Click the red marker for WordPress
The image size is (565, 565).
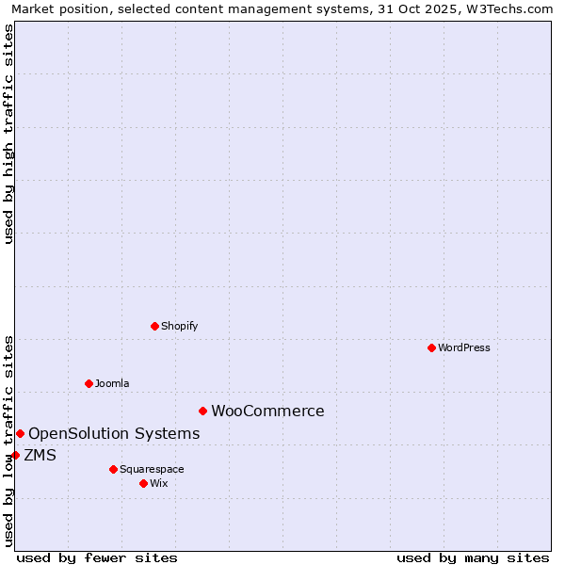tap(431, 347)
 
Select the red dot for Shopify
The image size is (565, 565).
tap(154, 326)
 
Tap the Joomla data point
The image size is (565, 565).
tap(89, 383)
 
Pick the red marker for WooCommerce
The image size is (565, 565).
tap(202, 411)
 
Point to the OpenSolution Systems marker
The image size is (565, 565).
tap(20, 433)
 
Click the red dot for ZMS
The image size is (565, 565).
tap(15, 455)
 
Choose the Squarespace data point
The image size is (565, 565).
tap(113, 469)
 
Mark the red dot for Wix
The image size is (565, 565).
tap(143, 483)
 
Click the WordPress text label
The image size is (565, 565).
tap(464, 347)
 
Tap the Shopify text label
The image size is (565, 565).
tap(180, 326)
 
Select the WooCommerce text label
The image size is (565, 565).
tap(267, 411)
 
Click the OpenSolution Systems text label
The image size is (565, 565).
tap(114, 433)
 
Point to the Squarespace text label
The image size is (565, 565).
tap(152, 469)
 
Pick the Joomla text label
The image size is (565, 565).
tap(112, 383)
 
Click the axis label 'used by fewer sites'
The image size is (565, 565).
tap(97, 557)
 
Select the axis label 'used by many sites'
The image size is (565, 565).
tap(473, 557)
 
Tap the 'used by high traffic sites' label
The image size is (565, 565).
tap(9, 134)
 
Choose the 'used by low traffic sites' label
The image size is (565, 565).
tap(9, 440)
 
